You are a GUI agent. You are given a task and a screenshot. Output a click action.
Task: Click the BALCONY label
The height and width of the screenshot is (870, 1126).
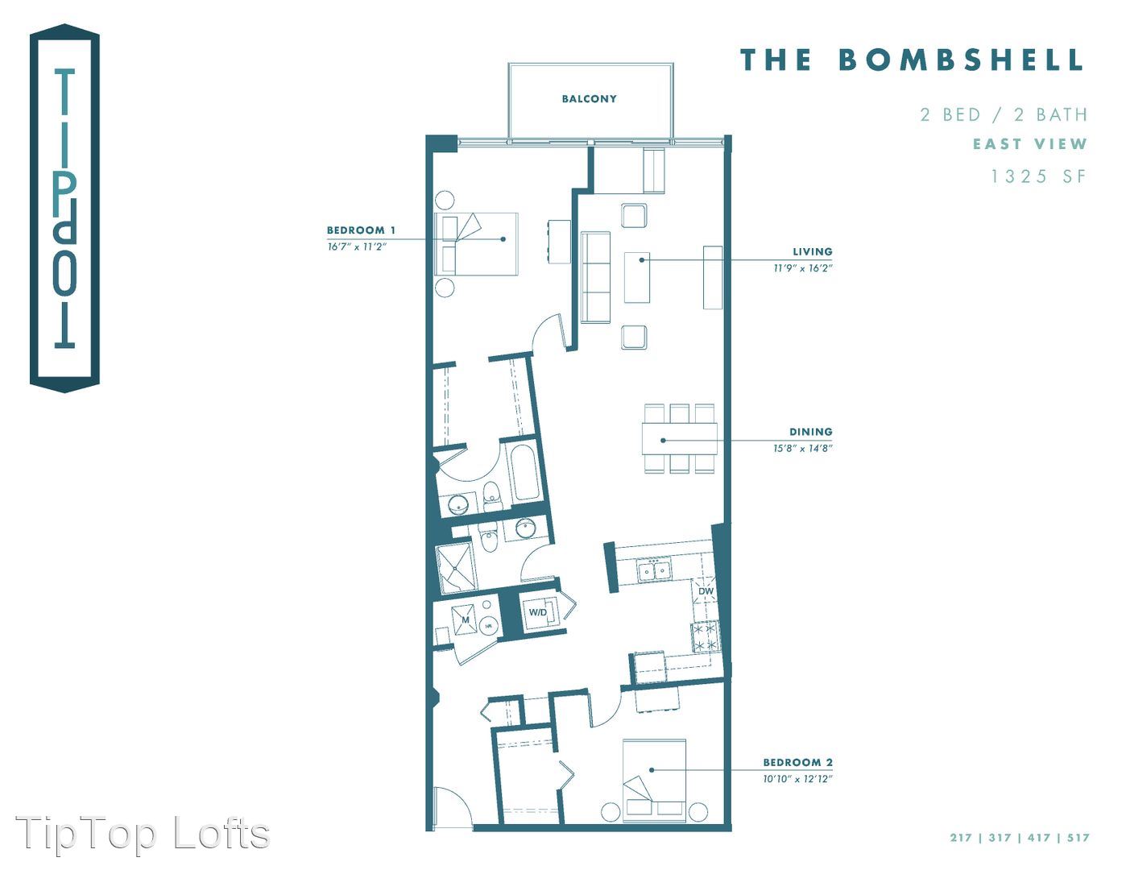(589, 98)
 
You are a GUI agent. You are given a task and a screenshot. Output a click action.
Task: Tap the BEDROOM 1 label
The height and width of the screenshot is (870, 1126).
(361, 230)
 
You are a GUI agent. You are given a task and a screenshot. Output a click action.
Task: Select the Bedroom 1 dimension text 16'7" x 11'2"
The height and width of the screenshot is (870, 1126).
(357, 246)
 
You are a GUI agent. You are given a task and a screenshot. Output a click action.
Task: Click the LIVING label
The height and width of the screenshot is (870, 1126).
(813, 252)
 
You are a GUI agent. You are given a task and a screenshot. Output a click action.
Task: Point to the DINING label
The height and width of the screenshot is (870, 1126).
(811, 432)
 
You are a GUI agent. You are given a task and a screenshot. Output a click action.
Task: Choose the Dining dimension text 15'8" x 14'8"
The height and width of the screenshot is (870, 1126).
(803, 448)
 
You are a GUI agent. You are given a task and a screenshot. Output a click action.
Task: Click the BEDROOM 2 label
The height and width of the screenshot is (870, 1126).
(798, 762)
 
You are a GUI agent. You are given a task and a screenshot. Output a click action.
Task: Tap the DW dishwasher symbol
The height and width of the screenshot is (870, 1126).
(706, 591)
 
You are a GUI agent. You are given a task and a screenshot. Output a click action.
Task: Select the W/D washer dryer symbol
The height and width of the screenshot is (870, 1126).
(538, 612)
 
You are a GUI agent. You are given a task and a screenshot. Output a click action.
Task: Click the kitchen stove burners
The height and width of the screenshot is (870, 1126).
(706, 637)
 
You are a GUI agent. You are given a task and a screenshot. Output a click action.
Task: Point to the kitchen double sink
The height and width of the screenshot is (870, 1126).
(655, 570)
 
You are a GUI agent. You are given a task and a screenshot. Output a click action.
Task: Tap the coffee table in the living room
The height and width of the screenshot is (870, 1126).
(637, 277)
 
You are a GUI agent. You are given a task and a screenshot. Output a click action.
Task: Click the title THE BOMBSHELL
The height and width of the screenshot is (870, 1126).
(911, 60)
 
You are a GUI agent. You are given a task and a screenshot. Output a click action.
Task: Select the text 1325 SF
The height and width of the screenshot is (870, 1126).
(1038, 176)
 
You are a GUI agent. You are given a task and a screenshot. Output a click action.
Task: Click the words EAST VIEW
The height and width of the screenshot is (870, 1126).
(1029, 143)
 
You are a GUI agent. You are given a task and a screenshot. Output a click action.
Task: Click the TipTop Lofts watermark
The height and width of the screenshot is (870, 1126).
(143, 835)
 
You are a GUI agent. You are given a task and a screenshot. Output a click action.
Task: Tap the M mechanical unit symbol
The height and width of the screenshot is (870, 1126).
(465, 619)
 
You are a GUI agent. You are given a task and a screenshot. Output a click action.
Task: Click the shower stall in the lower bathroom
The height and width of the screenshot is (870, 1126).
(456, 569)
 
